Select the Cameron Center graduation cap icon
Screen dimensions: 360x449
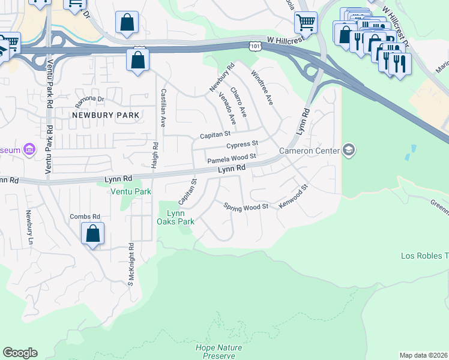point(349,149)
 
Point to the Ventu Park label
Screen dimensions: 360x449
point(130,192)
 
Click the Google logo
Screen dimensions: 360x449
point(20,353)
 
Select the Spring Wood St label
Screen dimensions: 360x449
point(246,206)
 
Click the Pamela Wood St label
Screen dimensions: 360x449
point(232,158)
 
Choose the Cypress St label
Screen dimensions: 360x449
point(242,145)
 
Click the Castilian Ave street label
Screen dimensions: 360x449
point(163,107)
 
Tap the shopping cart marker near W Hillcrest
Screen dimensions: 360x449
point(306,23)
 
